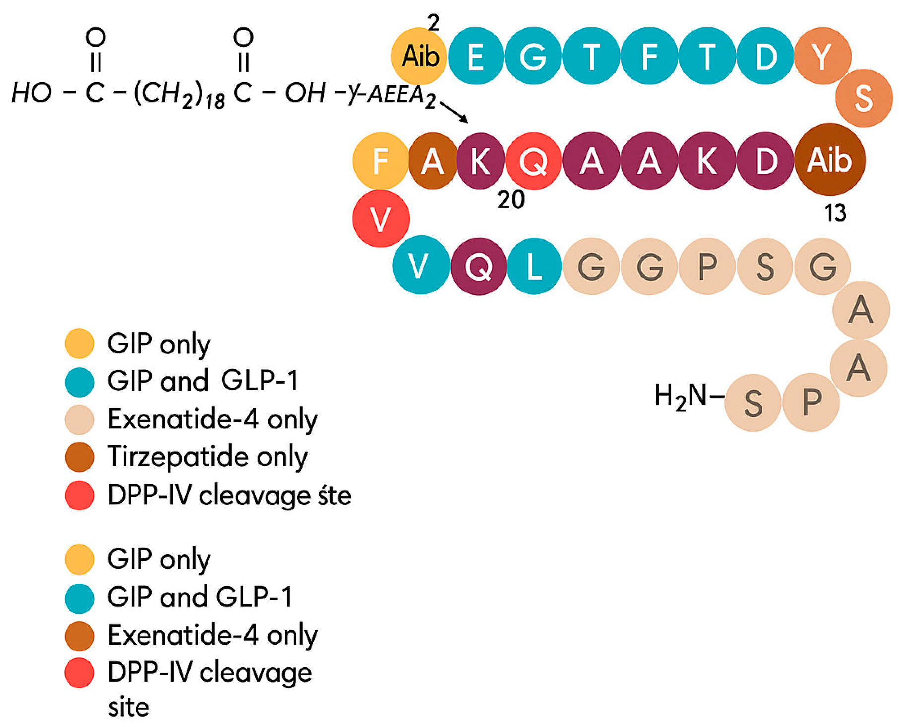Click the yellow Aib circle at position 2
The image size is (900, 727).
coord(418,56)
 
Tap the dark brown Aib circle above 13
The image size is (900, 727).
coord(830,160)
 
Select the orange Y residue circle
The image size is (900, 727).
coord(822,56)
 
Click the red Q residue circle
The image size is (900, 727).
coord(533,161)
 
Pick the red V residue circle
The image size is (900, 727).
coord(381,218)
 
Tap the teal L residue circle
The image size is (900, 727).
coord(534,267)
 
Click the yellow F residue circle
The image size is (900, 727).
coord(380,161)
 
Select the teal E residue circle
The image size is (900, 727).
coord(476,56)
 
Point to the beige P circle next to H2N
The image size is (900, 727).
coord(811,402)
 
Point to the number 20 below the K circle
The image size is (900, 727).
coord(511,200)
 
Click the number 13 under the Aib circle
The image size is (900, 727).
coord(835,213)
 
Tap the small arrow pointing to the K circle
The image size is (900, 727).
coord(454,112)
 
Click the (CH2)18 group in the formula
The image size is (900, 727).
coord(179,94)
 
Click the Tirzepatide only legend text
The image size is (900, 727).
coord(208,457)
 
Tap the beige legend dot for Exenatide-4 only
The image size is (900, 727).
coord(79,419)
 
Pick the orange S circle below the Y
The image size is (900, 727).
coord(863,98)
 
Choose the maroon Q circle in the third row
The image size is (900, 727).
coord(478,267)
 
